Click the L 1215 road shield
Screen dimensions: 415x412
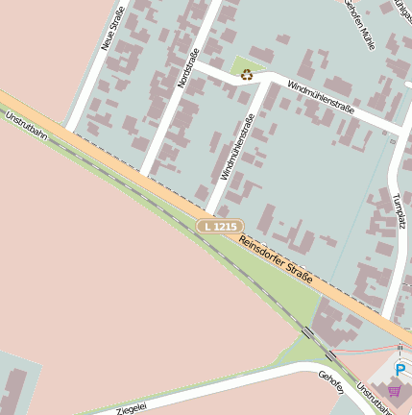tap(218, 227)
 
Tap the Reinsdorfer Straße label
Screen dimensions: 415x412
tap(277, 259)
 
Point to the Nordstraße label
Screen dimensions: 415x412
tap(187, 68)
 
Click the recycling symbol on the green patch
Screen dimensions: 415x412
tap(247, 73)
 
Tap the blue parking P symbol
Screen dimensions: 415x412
tap(400, 369)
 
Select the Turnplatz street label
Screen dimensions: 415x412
tap(398, 214)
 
